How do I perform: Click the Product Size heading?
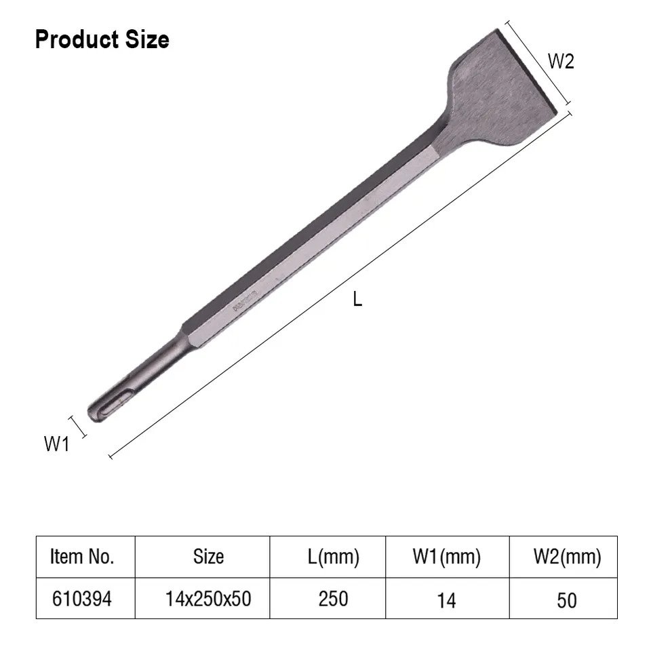click(x=102, y=40)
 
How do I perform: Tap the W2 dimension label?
click(x=561, y=62)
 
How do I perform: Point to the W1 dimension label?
click(x=57, y=444)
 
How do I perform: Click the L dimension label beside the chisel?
click(x=357, y=299)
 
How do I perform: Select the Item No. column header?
click(x=82, y=557)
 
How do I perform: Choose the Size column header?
click(x=208, y=557)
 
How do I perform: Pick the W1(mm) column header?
click(x=446, y=557)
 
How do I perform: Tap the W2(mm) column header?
click(x=567, y=557)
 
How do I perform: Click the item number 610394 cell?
click(x=82, y=599)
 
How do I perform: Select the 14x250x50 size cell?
click(x=208, y=599)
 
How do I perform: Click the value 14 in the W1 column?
click(x=446, y=600)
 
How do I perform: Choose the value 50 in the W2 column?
click(x=567, y=600)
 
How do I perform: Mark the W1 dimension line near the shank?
click(x=79, y=425)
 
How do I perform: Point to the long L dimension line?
click(x=339, y=285)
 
